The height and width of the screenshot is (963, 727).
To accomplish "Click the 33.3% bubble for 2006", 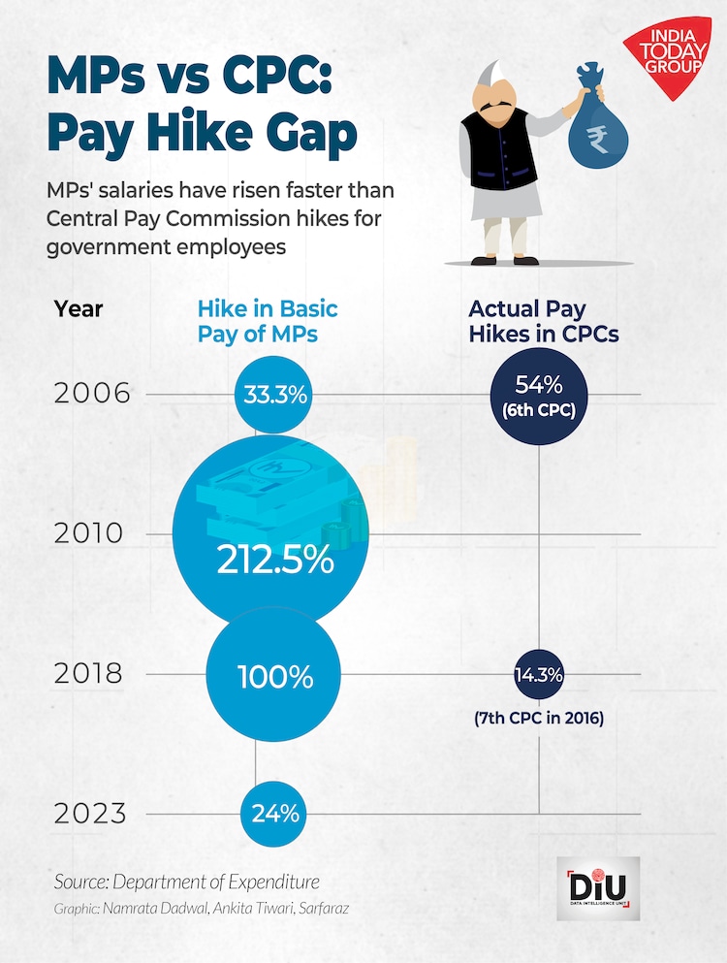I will click(274, 395).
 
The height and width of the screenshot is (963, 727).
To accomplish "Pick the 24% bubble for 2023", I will click(275, 813).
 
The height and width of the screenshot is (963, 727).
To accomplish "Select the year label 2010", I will click(91, 533).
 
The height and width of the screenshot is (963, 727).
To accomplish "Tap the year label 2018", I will click(91, 674).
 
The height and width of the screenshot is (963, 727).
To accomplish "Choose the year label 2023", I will click(91, 813).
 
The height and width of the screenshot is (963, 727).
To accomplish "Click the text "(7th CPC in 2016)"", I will click(539, 719).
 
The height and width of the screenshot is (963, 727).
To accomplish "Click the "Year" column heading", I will click(79, 309).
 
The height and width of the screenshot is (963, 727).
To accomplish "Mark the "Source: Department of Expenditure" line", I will click(187, 882).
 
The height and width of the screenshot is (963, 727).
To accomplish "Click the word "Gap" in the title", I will click(301, 135).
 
